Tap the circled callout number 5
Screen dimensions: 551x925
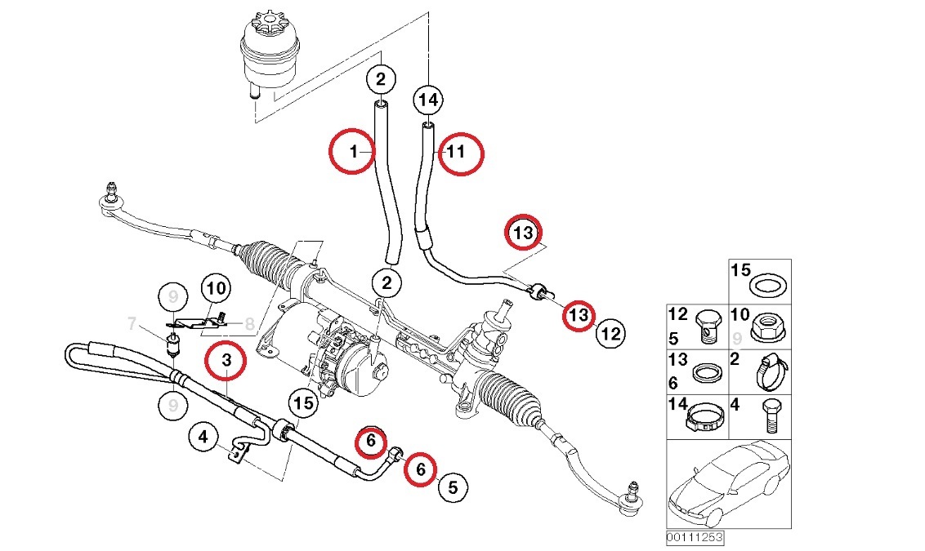pos(454,487)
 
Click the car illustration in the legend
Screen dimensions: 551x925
pos(727,487)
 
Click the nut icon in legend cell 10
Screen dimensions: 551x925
pos(767,326)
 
